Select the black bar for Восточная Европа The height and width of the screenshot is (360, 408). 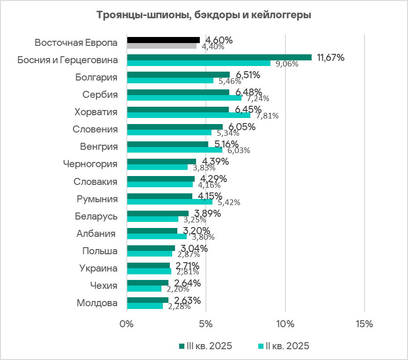pyautogui.click(x=163, y=40)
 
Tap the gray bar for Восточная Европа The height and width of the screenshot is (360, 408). pyautogui.click(x=162, y=46)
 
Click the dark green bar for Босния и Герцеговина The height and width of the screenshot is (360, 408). pyautogui.click(x=219, y=58)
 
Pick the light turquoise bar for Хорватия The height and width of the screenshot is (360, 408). pyautogui.click(x=189, y=115)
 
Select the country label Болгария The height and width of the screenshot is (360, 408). pyautogui.click(x=96, y=77)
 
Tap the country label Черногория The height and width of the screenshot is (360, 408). pyautogui.click(x=90, y=164)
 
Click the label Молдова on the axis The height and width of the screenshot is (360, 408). pyautogui.click(x=96, y=303)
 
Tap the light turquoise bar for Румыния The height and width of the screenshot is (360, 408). pyautogui.click(x=169, y=202)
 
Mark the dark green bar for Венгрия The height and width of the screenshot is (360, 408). pyautogui.click(x=168, y=144)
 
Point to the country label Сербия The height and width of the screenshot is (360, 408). pyautogui.click(x=100, y=95)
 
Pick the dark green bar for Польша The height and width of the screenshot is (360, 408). pyautogui.click(x=151, y=248)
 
